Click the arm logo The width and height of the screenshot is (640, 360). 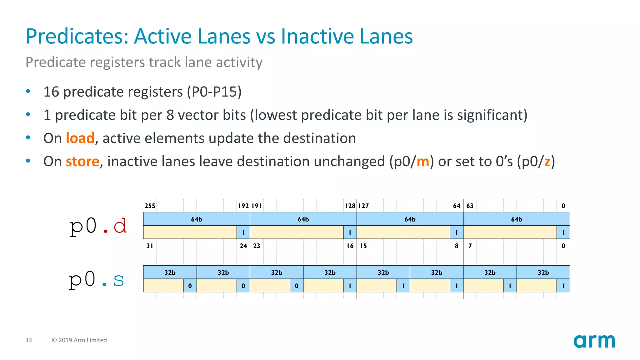click(594, 341)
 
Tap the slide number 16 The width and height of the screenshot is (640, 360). click(29, 340)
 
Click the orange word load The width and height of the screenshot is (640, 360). click(80, 138)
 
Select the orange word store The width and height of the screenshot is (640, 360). click(82, 162)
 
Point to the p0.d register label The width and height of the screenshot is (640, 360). click(98, 226)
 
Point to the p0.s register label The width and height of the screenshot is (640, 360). click(97, 280)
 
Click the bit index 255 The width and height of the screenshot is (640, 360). click(150, 206)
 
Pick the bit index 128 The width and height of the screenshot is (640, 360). click(350, 206)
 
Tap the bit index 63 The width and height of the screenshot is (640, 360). click(470, 206)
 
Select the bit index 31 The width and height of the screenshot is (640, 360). click(150, 246)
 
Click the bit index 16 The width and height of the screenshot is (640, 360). click(350, 246)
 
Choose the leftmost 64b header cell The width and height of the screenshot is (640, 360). click(197, 219)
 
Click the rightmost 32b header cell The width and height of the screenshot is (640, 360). click(543, 272)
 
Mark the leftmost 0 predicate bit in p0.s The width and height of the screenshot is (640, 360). click(190, 286)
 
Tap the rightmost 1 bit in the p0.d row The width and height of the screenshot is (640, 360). click(563, 232)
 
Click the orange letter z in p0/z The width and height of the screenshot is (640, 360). click(547, 162)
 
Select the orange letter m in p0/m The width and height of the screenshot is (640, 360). click(423, 162)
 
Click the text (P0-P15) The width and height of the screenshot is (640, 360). click(214, 92)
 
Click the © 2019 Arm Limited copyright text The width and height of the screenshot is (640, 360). click(79, 340)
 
